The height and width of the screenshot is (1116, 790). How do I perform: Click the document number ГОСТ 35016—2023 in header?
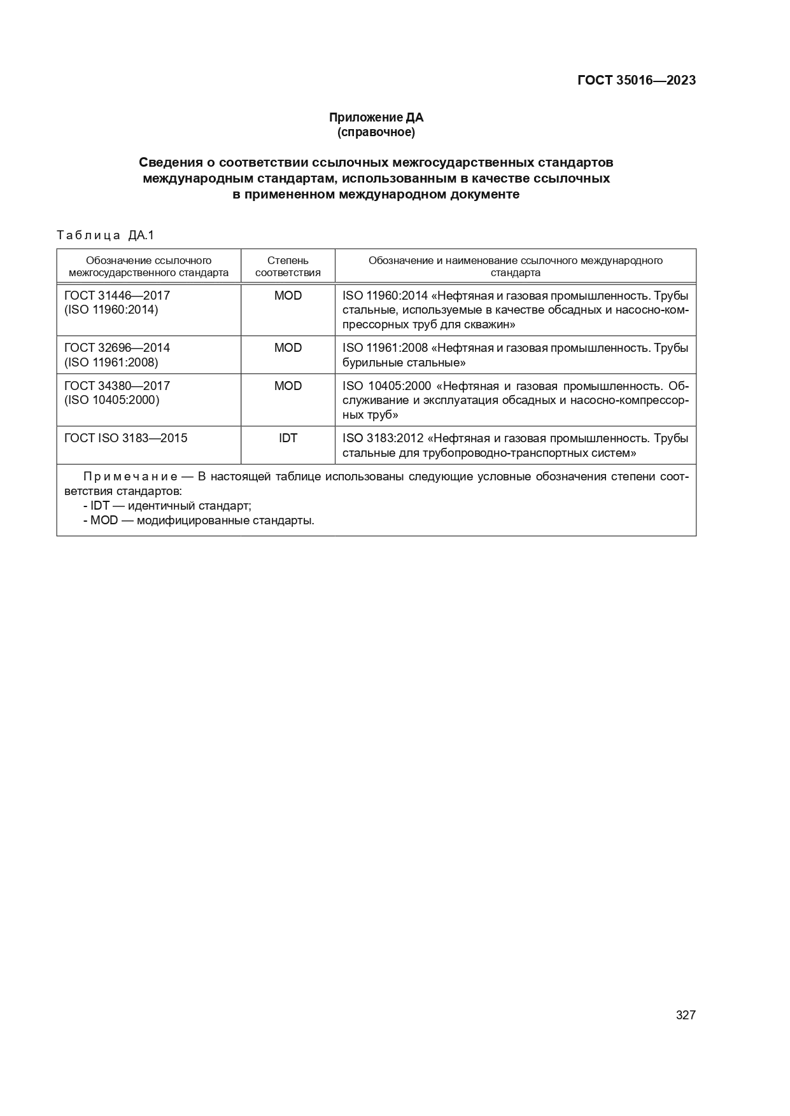pos(636,80)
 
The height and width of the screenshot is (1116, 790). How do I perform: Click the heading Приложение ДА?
pos(376,117)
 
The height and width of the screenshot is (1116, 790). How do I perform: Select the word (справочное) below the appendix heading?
pos(376,132)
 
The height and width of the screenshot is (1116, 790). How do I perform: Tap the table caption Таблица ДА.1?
pos(106,235)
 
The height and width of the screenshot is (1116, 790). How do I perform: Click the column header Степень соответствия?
pos(288,267)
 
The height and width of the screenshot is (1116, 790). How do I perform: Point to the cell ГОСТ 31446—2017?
pos(117,295)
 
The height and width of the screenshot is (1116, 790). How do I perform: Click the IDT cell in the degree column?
pos(288,438)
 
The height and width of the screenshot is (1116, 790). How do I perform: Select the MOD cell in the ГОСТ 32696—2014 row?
pos(288,347)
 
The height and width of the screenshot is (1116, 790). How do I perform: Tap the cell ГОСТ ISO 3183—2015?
pos(125,438)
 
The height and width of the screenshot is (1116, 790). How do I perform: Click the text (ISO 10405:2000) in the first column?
pos(111,400)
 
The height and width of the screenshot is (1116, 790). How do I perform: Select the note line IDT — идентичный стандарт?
pos(167,506)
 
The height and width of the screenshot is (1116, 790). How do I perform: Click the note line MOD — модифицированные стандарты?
pos(199,520)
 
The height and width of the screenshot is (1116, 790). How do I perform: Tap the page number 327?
pos(685,1015)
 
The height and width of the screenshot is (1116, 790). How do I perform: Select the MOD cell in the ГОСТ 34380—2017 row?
pos(288,386)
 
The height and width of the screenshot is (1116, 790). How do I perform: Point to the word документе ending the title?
pos(484,195)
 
